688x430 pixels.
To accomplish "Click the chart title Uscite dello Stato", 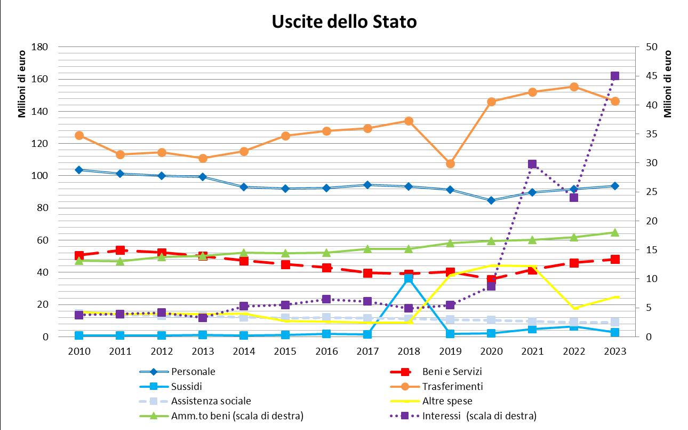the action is pyautogui.click(x=344, y=22).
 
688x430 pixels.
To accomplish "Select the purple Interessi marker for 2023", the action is pyautogui.click(x=614, y=76).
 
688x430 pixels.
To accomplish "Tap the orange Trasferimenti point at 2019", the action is pyautogui.click(x=450, y=163).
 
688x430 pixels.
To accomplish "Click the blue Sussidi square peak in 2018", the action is pyautogui.click(x=409, y=279).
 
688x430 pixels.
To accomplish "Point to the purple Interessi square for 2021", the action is pyautogui.click(x=532, y=164).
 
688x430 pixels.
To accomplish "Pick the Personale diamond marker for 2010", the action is pyautogui.click(x=79, y=170).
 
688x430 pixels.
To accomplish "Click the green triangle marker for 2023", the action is pyautogui.click(x=614, y=232).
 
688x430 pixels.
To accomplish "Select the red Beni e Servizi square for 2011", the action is pyautogui.click(x=120, y=250).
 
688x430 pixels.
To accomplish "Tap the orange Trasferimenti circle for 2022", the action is pyautogui.click(x=574, y=87).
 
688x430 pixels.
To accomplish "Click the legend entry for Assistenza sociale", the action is pyautogui.click(x=195, y=401).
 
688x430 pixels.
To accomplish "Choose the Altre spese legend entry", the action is pyautogui.click(x=431, y=401).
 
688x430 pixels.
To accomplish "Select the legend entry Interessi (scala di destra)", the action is pyautogui.click(x=463, y=416).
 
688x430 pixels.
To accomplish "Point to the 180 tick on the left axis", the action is pyautogui.click(x=39, y=47).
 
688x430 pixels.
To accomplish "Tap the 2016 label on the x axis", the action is pyautogui.click(x=326, y=351).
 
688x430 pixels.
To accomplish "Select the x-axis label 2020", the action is pyautogui.click(x=491, y=351).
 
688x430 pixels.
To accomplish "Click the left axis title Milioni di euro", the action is pyautogui.click(x=22, y=84).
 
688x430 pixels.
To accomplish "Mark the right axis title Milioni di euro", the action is pyautogui.click(x=668, y=84).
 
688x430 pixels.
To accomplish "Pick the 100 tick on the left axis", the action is pyautogui.click(x=39, y=176).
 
